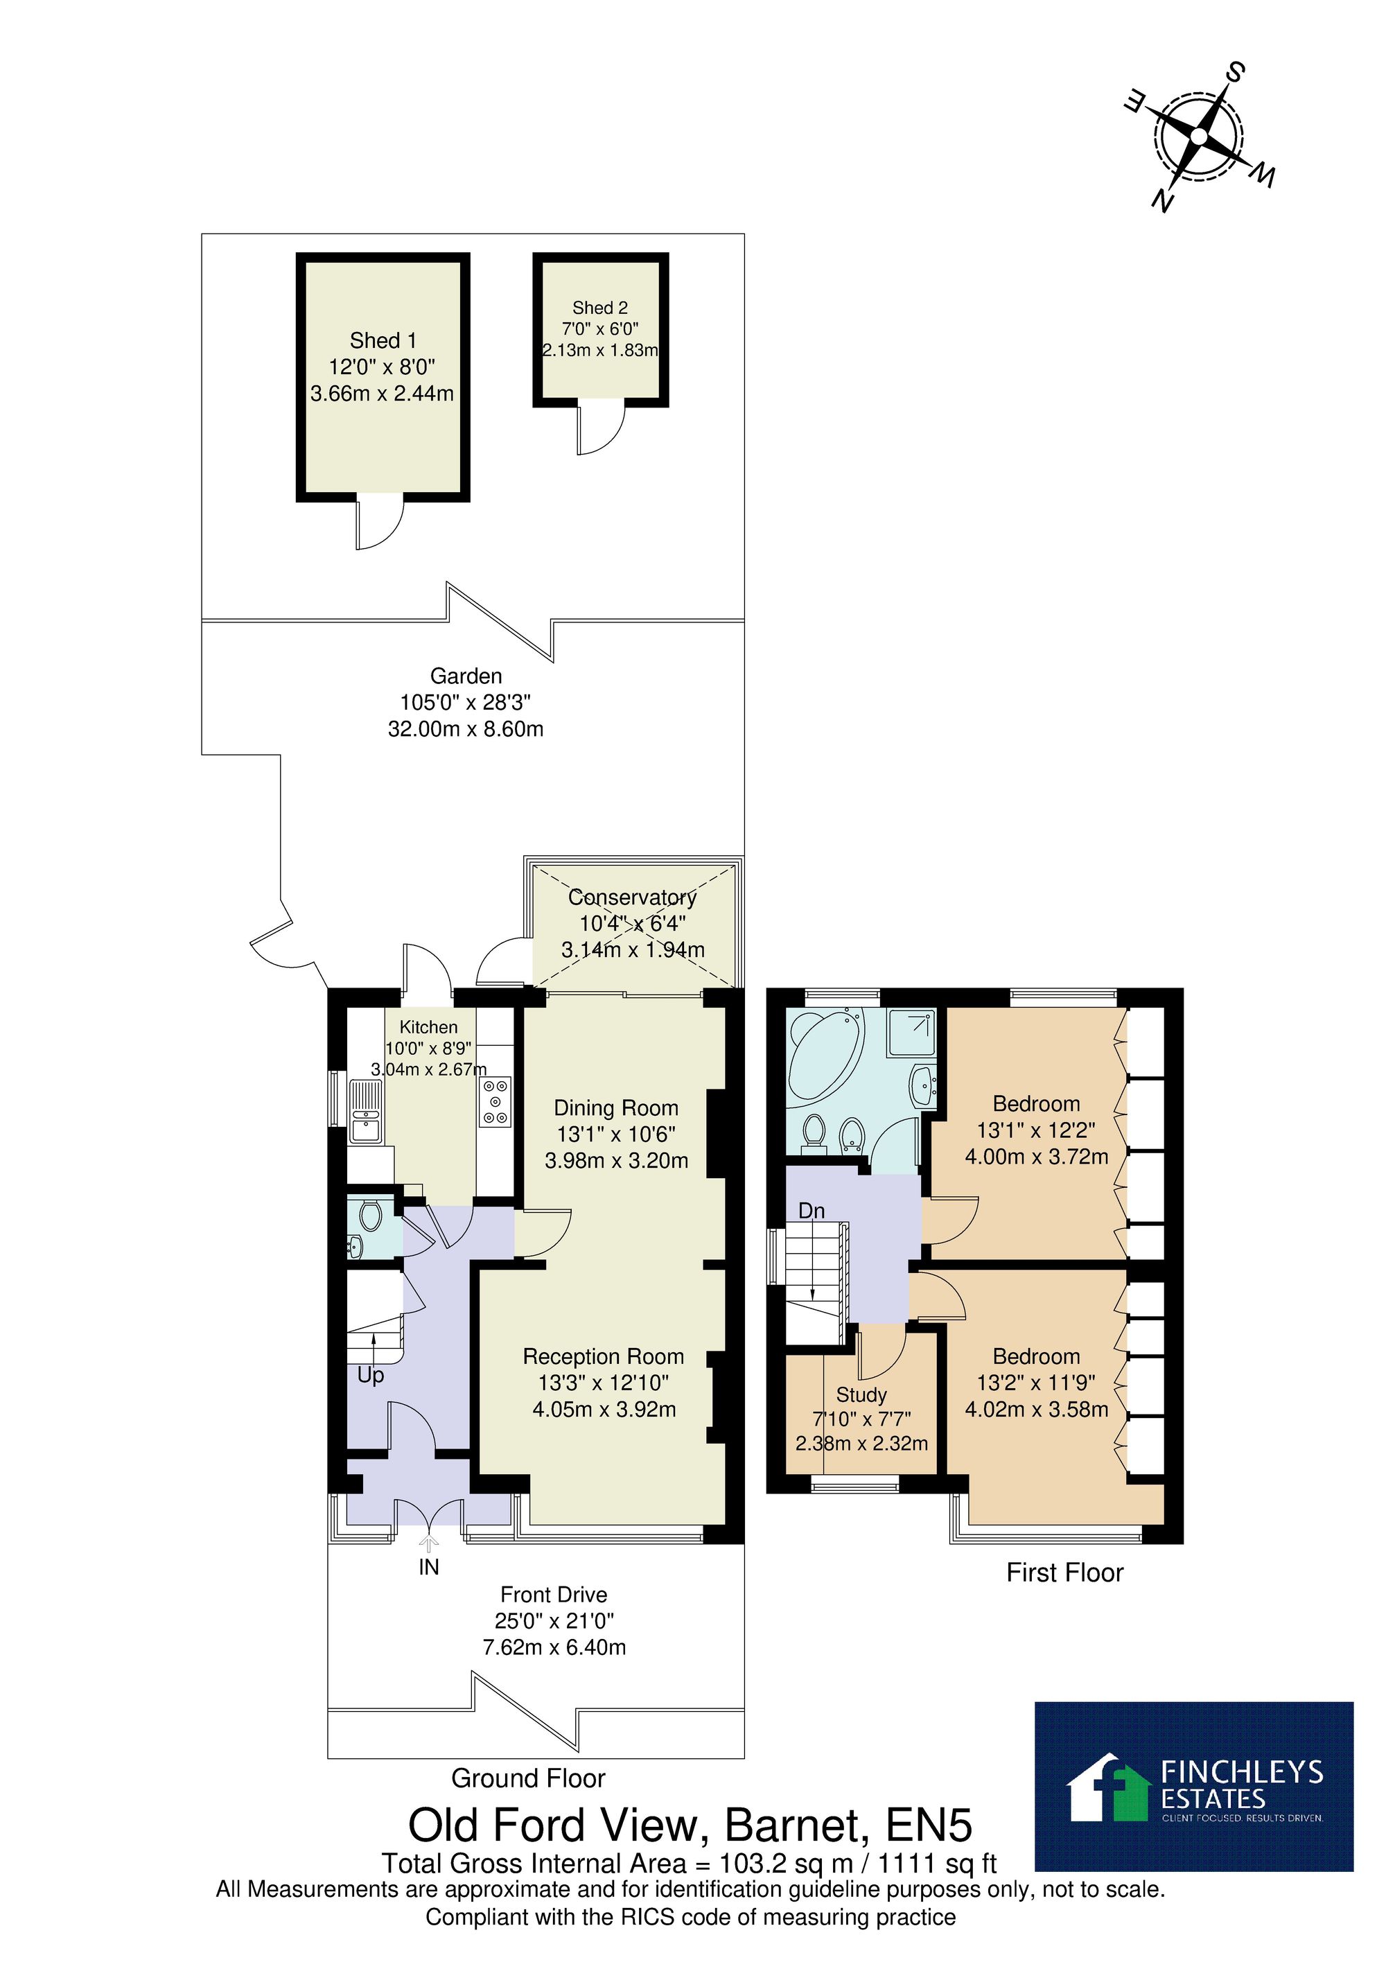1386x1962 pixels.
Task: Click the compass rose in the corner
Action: coord(1199,137)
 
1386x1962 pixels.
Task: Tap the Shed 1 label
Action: coord(383,340)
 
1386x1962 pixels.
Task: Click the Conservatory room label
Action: coord(632,897)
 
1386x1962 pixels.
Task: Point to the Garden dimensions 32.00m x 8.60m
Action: coord(466,729)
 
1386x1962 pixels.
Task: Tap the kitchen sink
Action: coord(366,1110)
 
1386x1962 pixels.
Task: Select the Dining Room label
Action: coord(616,1108)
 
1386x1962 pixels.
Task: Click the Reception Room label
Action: coord(604,1356)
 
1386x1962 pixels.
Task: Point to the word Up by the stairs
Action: coord(371,1376)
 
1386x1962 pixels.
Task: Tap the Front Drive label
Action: coord(554,1595)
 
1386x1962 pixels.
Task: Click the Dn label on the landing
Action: coord(812,1211)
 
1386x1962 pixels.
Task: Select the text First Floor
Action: coord(1064,1573)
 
